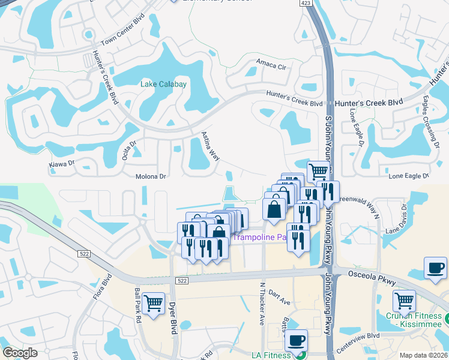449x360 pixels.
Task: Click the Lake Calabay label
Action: pos(163,84)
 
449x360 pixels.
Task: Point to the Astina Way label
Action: pos(210,146)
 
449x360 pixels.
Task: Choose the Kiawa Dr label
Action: pos(61,163)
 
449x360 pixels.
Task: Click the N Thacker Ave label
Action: pos(262,304)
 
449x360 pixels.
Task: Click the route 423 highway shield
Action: pos(307,3)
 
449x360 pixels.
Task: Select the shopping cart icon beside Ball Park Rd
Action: pos(154,302)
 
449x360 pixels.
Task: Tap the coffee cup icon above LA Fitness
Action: pos(296,340)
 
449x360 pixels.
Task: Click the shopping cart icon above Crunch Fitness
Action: pos(405,300)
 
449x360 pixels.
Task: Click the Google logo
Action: pos(20,353)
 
